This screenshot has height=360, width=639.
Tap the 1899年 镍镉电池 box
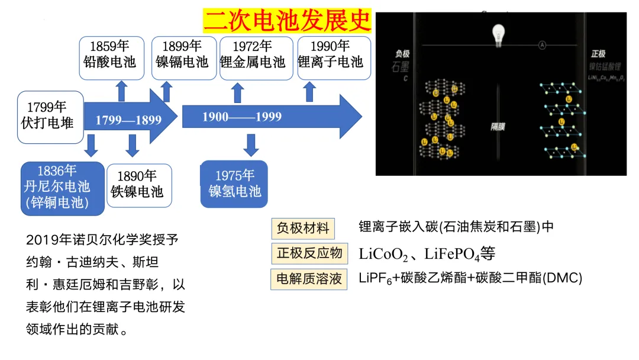(x=182, y=57)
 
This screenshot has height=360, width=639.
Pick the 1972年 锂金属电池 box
(x=256, y=57)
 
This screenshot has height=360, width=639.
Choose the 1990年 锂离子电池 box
(x=334, y=57)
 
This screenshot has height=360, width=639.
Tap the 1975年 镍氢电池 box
(x=234, y=184)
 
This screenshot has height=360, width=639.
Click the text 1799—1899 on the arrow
(x=128, y=120)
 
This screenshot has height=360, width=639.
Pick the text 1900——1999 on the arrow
(x=242, y=117)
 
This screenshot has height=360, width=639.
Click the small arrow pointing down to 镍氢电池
(x=251, y=145)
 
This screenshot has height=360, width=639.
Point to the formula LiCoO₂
(x=383, y=255)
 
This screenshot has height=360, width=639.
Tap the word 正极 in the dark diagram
(x=598, y=54)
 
